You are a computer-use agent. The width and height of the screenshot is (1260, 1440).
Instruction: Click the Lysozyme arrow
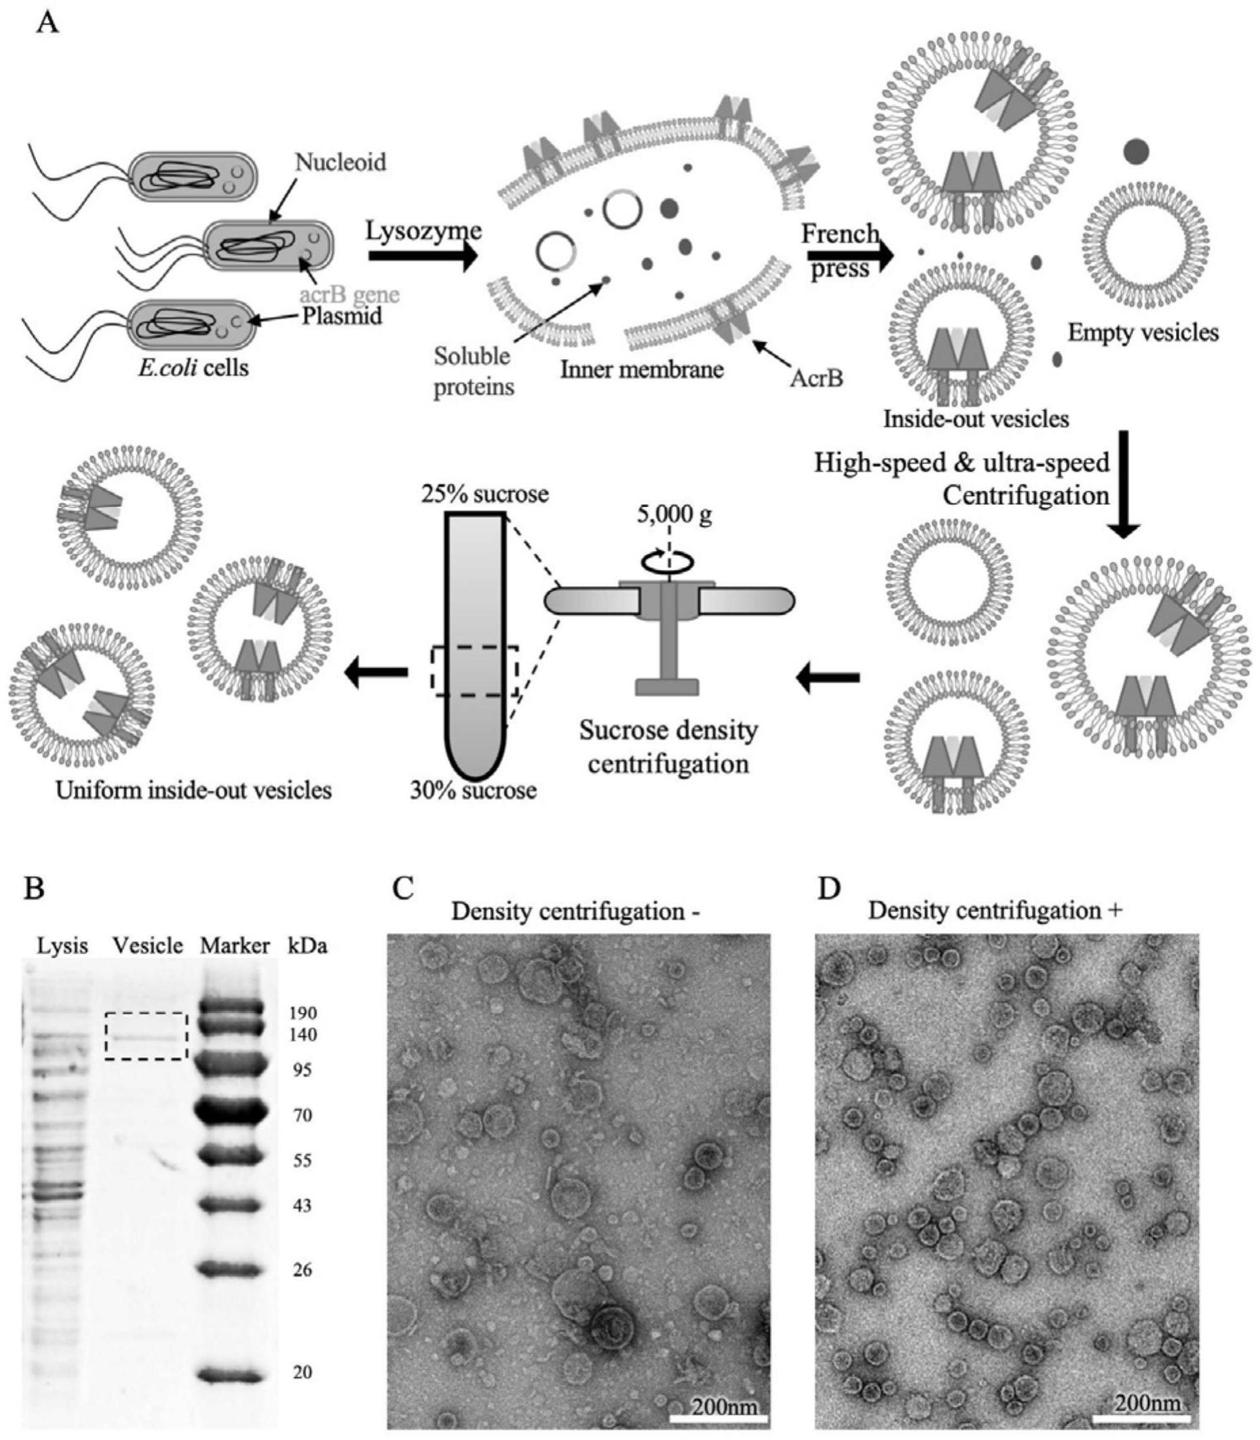click(423, 256)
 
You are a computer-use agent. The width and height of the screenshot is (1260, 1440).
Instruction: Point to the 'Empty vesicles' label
click(1143, 332)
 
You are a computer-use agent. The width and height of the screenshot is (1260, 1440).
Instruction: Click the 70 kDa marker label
click(303, 1115)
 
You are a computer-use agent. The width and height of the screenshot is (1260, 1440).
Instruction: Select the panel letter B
click(35, 888)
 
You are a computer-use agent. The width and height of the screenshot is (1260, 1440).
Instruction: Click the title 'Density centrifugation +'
click(995, 911)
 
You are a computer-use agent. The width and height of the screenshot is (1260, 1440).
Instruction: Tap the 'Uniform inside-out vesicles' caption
click(194, 791)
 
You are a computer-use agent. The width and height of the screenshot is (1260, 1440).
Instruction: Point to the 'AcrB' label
click(816, 378)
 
